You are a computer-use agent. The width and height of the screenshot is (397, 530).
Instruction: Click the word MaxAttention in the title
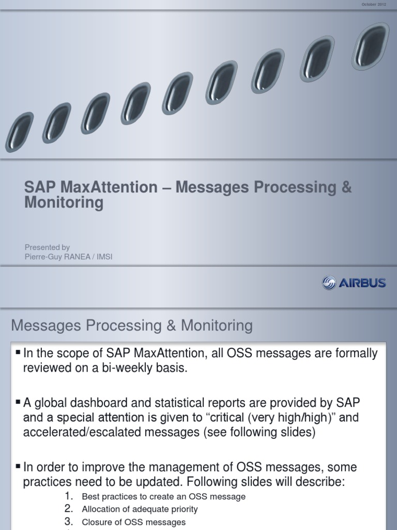(112, 187)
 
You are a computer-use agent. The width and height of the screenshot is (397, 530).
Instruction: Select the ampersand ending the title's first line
(346, 187)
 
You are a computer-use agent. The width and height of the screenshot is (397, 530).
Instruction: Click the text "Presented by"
(47, 247)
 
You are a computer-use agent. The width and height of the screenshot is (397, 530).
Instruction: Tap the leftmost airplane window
(19, 132)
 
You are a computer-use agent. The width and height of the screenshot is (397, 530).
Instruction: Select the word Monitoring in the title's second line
(64, 203)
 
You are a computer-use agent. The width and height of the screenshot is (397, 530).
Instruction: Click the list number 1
(69, 496)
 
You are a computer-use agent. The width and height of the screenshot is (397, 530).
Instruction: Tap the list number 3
(69, 522)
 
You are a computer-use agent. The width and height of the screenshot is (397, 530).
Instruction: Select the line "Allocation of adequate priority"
(140, 509)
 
